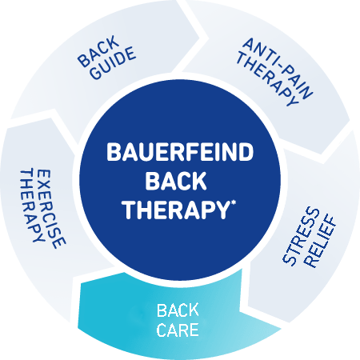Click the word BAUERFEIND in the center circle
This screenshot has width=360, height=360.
pos(180,152)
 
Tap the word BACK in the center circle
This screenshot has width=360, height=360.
pos(176,181)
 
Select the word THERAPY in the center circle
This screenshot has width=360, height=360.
pos(176,210)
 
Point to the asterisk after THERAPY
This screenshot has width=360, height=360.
pos(234,203)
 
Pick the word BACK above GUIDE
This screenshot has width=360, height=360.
pos(98,50)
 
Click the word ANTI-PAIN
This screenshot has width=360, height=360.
pos(278,68)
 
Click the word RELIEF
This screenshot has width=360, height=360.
pos(320,242)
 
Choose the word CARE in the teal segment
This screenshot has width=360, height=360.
pos(178,330)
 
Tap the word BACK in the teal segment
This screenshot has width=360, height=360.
pos(178,310)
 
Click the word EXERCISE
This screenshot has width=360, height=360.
pos(50,209)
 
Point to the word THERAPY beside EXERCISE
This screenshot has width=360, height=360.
pos(31,206)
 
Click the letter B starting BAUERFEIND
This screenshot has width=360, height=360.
pos(114,152)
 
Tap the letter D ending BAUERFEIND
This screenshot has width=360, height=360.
pos(246,152)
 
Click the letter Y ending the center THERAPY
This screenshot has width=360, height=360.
pos(223,210)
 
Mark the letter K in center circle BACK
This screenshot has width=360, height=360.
pos(199,181)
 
